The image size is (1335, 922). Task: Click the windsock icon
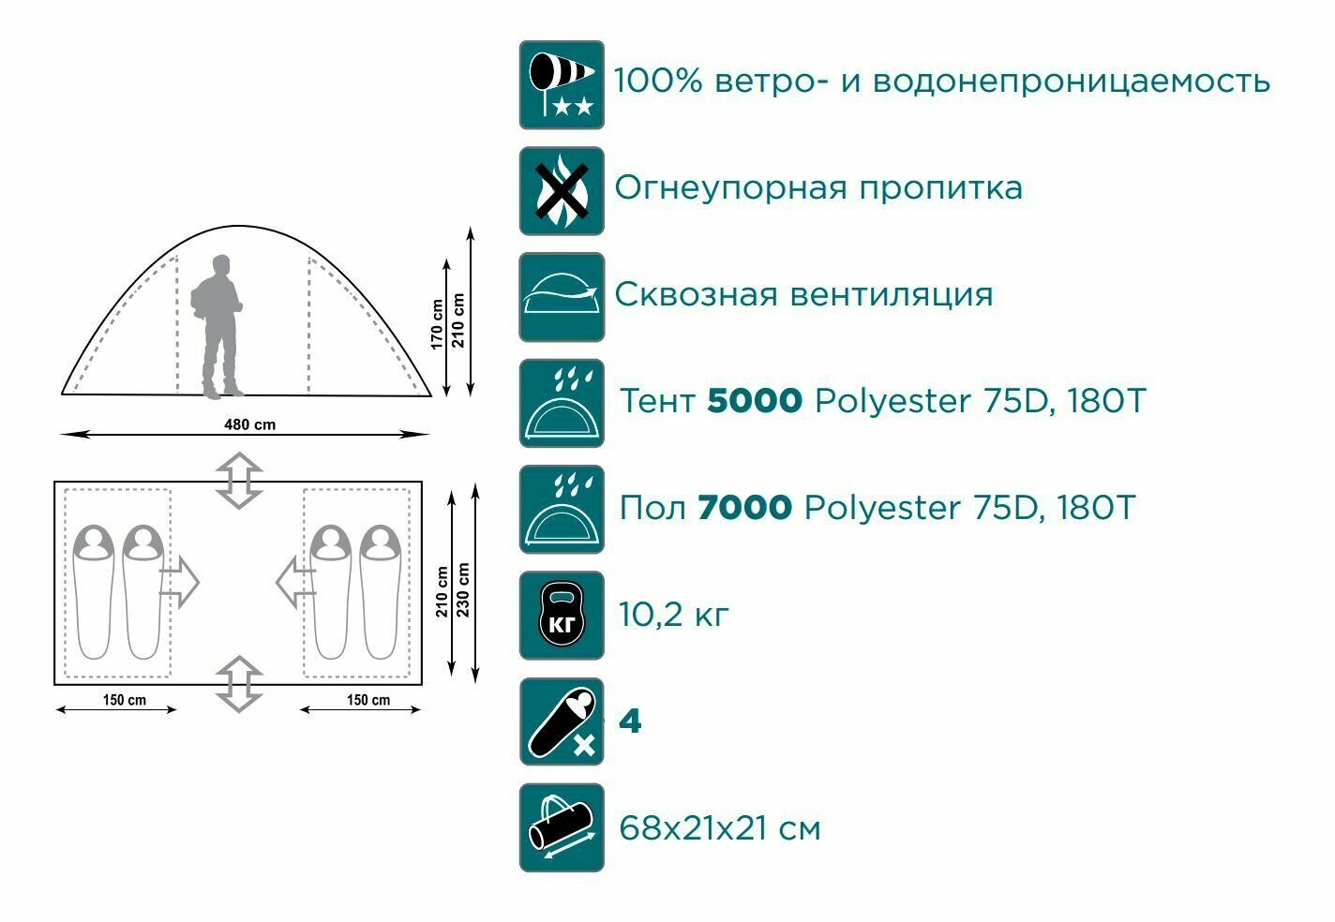(x=562, y=84)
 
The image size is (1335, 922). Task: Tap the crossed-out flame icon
(x=562, y=191)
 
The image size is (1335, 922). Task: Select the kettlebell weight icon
(x=562, y=616)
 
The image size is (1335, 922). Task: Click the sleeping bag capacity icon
(x=562, y=722)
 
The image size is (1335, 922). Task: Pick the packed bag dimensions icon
(x=562, y=828)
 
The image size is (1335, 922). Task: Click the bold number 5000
(x=755, y=401)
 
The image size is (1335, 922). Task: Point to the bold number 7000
(x=745, y=508)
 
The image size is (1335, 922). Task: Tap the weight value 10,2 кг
(x=673, y=615)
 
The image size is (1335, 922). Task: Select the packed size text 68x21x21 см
(x=719, y=828)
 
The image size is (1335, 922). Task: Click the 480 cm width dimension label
(x=249, y=424)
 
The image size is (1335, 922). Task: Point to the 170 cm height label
(x=437, y=323)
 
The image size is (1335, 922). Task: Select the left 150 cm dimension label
(x=125, y=700)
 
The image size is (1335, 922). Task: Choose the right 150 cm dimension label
(x=368, y=700)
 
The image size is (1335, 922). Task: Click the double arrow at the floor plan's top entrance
(x=239, y=480)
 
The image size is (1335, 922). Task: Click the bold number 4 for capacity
(x=630, y=722)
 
